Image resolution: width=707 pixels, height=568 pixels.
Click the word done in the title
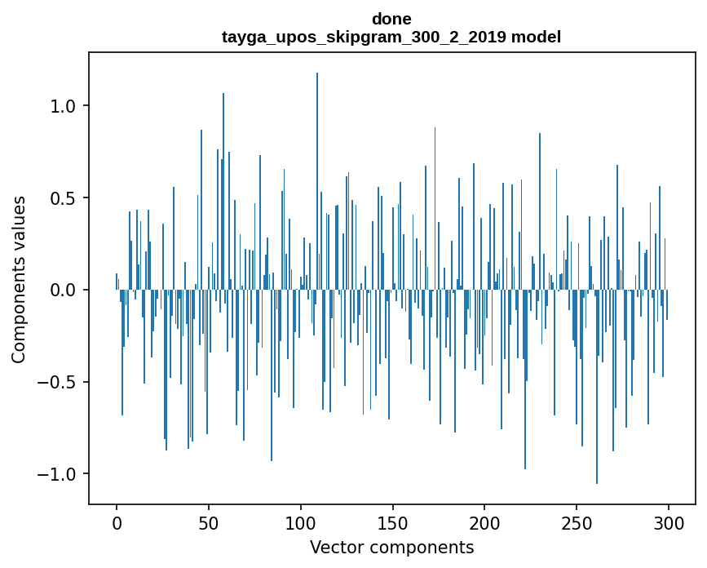pos(391,19)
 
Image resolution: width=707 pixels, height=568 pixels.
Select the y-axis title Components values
pos(19,279)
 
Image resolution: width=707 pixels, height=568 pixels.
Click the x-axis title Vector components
pos(391,548)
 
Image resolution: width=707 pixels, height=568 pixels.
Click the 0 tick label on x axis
pos(117,522)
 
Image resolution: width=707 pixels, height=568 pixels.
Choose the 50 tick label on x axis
pos(209,522)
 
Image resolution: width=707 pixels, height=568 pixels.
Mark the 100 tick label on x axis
pos(301,522)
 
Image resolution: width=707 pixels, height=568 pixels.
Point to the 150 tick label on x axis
pos(392,522)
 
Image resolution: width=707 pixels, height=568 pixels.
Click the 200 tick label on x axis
pos(484,522)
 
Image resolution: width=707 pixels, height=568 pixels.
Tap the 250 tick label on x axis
pos(577,522)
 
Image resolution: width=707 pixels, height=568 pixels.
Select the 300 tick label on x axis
pos(669,522)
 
